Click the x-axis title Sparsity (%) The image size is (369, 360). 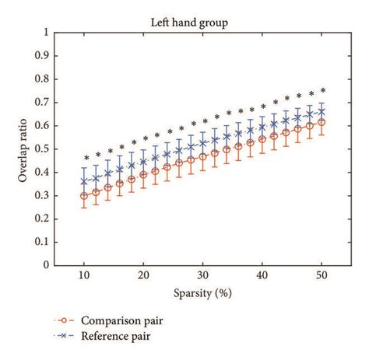[203, 296]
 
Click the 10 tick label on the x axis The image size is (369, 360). [84, 276]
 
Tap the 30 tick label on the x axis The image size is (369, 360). [203, 276]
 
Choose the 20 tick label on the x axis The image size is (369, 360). [143, 276]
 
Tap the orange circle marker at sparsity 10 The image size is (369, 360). [84, 196]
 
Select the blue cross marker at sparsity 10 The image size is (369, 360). [84, 181]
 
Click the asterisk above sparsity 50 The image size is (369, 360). [322, 90]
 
